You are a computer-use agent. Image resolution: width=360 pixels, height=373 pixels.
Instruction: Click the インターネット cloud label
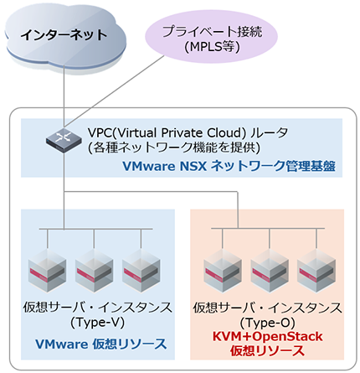point(64,34)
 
